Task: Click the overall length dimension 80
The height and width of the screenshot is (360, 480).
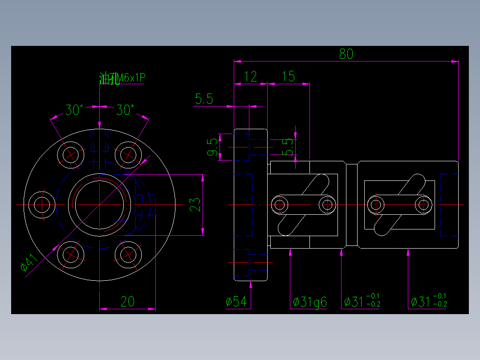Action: click(346, 54)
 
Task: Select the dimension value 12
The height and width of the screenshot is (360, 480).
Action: click(251, 77)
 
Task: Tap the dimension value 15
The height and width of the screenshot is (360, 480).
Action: click(289, 77)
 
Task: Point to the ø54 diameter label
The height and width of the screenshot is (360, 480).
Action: click(236, 302)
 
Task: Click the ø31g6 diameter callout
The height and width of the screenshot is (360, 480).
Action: click(310, 303)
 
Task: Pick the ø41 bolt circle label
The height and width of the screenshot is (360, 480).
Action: click(29, 264)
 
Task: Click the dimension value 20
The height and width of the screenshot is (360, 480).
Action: click(127, 302)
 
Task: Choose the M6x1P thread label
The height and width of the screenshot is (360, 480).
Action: click(130, 78)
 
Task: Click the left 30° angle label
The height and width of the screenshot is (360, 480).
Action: click(74, 110)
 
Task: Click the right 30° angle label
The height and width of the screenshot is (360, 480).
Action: click(125, 110)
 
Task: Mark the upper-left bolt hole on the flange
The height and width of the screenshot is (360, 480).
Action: click(70, 154)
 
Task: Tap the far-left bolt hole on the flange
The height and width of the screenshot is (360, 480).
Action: click(41, 205)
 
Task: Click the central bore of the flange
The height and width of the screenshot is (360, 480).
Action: click(99, 205)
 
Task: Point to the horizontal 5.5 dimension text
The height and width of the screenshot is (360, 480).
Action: click(204, 99)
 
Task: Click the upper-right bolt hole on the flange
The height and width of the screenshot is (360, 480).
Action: click(128, 154)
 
